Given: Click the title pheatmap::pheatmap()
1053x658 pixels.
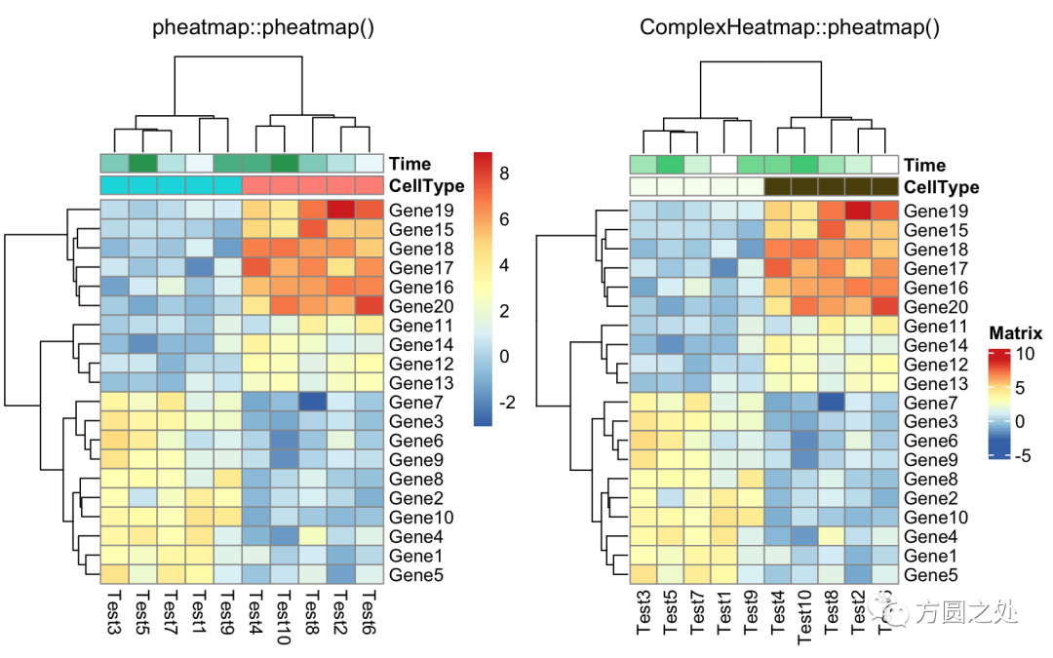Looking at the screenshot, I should point(263,27).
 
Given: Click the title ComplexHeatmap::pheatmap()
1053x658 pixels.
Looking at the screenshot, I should point(790,27).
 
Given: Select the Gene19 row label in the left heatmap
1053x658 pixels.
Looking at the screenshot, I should point(417,210).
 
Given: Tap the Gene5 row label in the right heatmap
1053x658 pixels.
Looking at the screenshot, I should point(931,575).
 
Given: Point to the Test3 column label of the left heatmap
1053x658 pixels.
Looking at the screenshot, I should point(113,613).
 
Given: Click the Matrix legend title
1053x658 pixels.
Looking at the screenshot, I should point(1015,333).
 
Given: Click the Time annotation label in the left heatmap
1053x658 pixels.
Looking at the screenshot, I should point(409,164).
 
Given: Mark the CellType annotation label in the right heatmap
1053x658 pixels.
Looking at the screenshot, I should point(941,187).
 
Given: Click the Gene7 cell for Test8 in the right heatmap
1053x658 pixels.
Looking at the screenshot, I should point(830,402).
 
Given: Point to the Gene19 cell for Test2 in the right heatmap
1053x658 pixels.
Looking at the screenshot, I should point(857,211).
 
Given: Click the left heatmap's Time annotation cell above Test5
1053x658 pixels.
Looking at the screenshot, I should point(142,163).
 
